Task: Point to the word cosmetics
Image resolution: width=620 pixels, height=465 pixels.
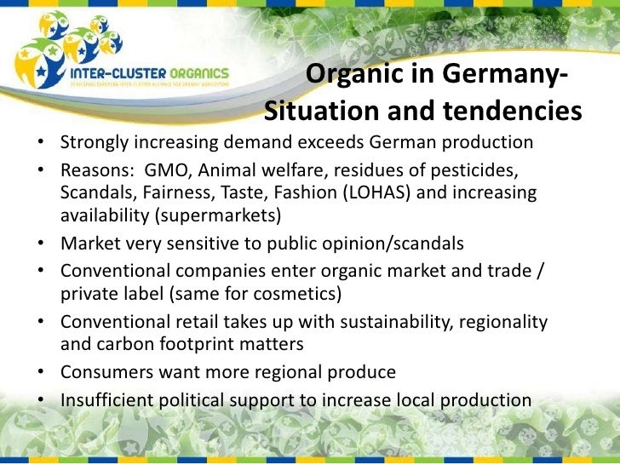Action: [292, 296]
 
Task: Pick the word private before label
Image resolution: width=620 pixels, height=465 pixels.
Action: [89, 296]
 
